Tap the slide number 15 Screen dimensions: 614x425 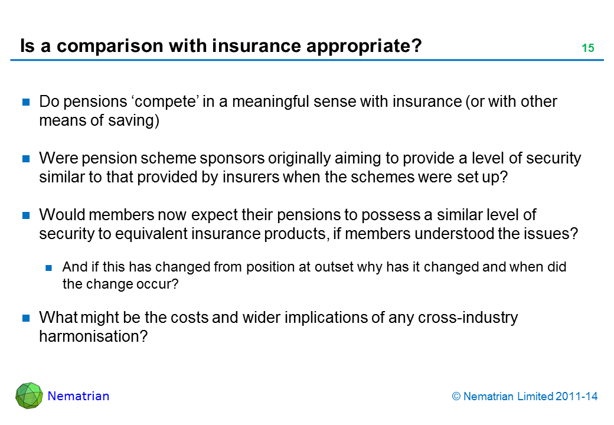[588, 48]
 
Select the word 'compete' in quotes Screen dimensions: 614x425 [165, 102]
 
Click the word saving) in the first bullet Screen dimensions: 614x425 [133, 121]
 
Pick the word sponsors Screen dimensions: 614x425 [232, 159]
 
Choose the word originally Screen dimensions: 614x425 [299, 159]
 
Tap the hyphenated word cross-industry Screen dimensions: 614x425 [468, 318]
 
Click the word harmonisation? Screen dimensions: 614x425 [93, 336]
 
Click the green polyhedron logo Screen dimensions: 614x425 [29, 395]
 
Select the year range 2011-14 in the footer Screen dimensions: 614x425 [576, 397]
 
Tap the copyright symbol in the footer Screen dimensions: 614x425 [456, 397]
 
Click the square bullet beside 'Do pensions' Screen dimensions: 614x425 [26, 102]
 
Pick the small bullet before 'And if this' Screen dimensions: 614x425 [49, 268]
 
